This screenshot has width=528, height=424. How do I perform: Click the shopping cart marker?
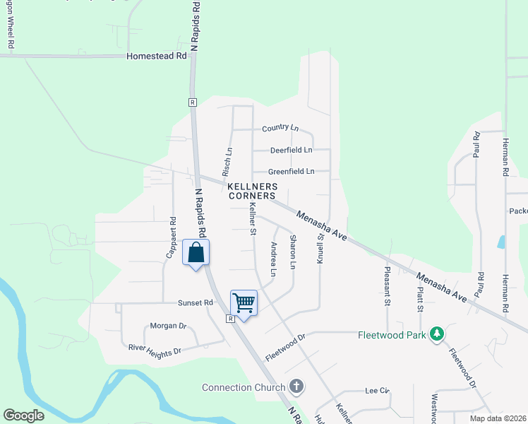point(244,303)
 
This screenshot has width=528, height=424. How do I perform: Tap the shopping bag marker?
point(196,252)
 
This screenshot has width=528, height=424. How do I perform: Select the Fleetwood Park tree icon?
point(438,334)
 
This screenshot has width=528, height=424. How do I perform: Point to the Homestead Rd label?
point(157,55)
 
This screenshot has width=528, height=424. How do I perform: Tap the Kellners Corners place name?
point(252,191)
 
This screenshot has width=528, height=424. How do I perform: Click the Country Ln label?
point(280,128)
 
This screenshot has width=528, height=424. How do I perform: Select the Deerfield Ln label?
point(291,150)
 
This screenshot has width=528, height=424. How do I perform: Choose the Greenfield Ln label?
point(291,171)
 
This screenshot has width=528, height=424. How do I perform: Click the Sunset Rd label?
point(195,302)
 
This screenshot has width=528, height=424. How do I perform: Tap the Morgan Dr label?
point(168,326)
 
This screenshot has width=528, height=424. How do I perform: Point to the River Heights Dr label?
point(155,348)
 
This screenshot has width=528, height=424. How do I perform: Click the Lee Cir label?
point(378,390)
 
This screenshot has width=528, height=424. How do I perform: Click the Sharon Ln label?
point(292,252)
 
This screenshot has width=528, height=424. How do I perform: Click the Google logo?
point(24,416)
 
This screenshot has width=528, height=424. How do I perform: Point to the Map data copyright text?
point(497,418)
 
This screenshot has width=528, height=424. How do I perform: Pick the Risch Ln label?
point(227,162)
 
